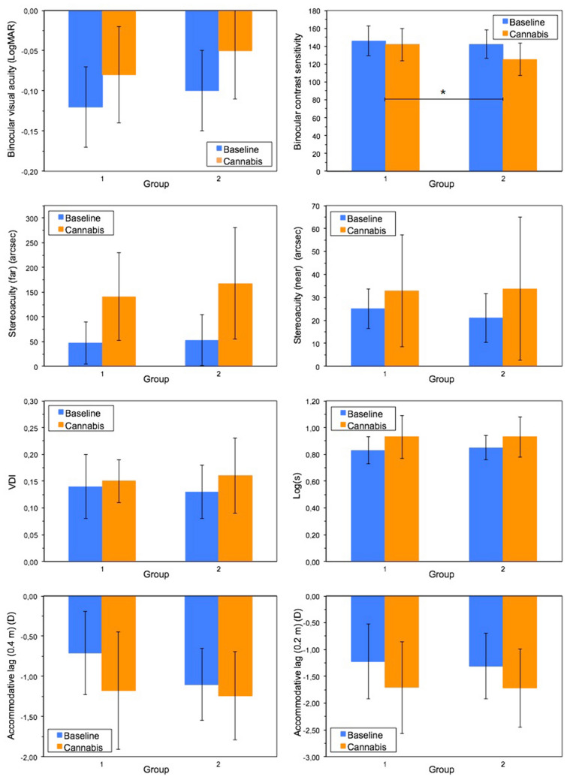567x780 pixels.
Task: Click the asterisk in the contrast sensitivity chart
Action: click(x=443, y=92)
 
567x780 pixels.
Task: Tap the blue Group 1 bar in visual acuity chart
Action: click(x=85, y=59)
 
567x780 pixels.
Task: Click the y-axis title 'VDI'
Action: click(x=11, y=481)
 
